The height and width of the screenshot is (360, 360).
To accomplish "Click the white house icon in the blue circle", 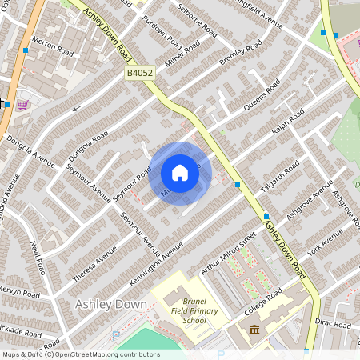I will point(180,173).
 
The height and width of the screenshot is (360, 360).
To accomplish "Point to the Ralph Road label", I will point(288,124).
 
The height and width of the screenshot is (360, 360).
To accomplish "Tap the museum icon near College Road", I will point(254,330).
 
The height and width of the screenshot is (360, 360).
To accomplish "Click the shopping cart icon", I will point(22,104).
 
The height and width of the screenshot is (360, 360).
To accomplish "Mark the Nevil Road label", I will point(36,258).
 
